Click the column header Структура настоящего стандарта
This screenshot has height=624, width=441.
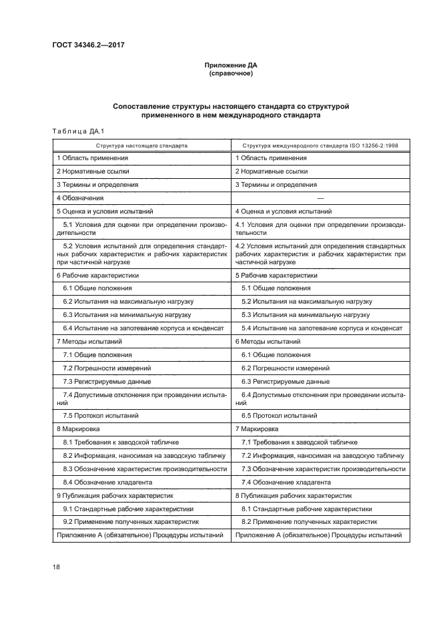(141, 144)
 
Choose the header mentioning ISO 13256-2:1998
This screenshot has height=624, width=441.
(318, 144)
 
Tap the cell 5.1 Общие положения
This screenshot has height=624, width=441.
(276, 288)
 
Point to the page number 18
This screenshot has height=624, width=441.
(57, 567)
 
